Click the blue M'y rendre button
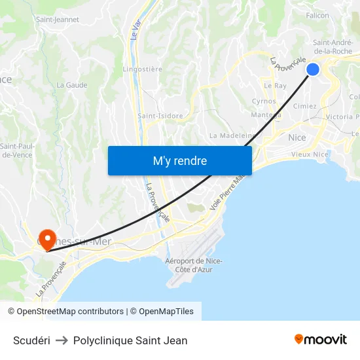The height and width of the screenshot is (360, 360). (179, 160)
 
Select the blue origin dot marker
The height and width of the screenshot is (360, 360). (313, 69)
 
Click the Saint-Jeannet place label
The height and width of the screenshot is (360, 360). (58, 20)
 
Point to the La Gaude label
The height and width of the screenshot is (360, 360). (72, 85)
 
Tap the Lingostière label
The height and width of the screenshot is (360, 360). (143, 69)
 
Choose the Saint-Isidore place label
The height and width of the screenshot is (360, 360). (160, 116)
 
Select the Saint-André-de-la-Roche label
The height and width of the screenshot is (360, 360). (333, 46)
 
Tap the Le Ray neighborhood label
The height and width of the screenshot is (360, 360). (275, 86)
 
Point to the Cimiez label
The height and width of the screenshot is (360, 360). (305, 106)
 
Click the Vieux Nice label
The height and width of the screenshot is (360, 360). (310, 154)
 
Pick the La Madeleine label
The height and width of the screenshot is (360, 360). (232, 135)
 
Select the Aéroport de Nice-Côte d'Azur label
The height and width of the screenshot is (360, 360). (194, 265)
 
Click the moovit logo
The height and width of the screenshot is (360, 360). (321, 339)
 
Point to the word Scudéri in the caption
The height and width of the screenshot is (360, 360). (31, 340)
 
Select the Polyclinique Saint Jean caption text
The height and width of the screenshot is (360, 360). (130, 340)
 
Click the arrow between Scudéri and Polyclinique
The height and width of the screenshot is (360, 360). (62, 340)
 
